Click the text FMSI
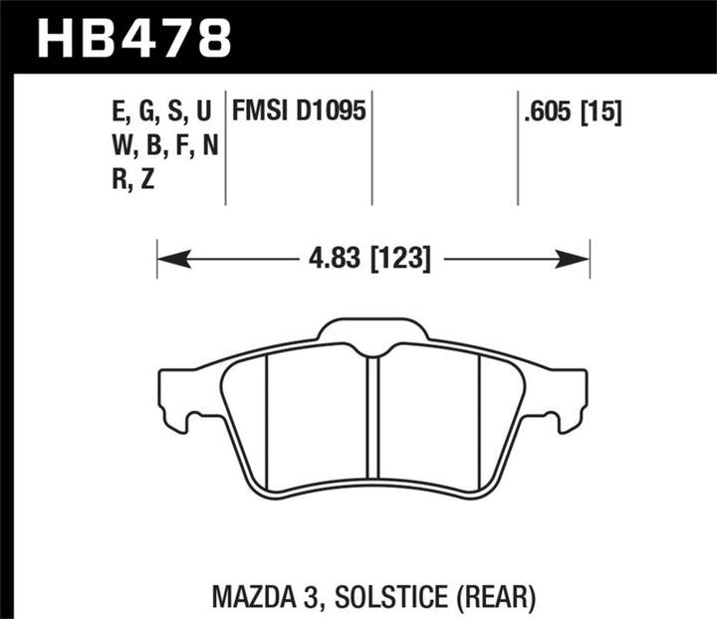click(261, 112)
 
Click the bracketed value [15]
click(602, 112)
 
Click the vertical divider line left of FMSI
click(226, 149)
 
